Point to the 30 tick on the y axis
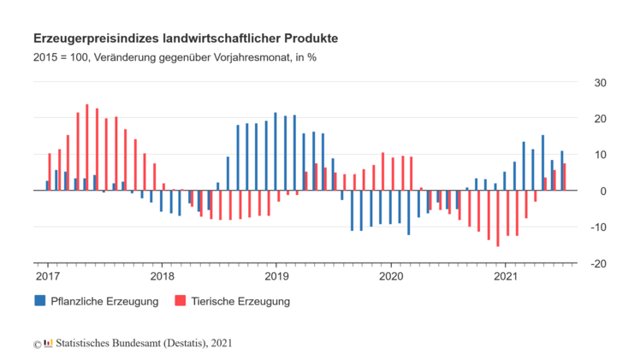pyautogui.click(x=600, y=83)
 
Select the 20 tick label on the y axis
pyautogui.click(x=600, y=119)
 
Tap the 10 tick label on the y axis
pyautogui.click(x=600, y=155)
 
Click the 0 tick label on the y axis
pyautogui.click(x=603, y=192)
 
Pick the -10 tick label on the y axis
pyautogui.click(x=598, y=227)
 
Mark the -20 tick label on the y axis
pyautogui.click(x=598, y=263)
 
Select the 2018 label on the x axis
pyautogui.click(x=162, y=276)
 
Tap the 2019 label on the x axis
pyautogui.click(x=276, y=276)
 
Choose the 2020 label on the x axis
pyautogui.click(x=391, y=276)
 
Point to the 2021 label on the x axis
pyautogui.click(x=506, y=276)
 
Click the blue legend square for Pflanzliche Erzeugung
pyautogui.click(x=39, y=301)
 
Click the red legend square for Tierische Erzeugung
pyautogui.click(x=180, y=301)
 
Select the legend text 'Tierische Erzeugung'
pyautogui.click(x=240, y=301)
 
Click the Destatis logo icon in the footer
pyautogui.click(x=48, y=344)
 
